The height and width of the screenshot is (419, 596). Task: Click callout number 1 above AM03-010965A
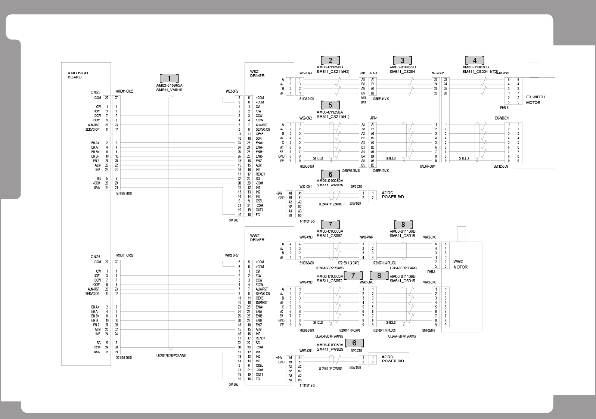(169, 78)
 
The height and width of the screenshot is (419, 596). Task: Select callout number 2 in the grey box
(330, 60)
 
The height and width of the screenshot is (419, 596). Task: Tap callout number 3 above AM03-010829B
(402, 60)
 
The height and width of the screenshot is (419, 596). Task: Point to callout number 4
(475, 60)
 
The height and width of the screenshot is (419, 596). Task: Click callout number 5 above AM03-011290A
(330, 105)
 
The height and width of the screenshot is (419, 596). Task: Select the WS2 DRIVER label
(257, 73)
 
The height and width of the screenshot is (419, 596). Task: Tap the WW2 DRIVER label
(257, 238)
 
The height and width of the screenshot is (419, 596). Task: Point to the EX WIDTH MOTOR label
(535, 100)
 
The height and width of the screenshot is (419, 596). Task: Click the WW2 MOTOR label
(460, 264)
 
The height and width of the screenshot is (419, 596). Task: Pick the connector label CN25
(95, 92)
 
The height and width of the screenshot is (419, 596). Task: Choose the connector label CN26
(95, 257)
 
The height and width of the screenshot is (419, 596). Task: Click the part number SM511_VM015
(169, 90)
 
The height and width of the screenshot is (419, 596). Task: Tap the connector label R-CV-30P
(437, 73)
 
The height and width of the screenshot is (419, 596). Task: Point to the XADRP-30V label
(427, 166)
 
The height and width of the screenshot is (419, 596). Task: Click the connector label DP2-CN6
(357, 187)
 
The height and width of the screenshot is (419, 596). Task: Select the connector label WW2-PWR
(366, 237)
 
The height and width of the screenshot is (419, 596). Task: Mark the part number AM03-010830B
(475, 67)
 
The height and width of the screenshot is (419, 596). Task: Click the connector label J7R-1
(373, 118)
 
